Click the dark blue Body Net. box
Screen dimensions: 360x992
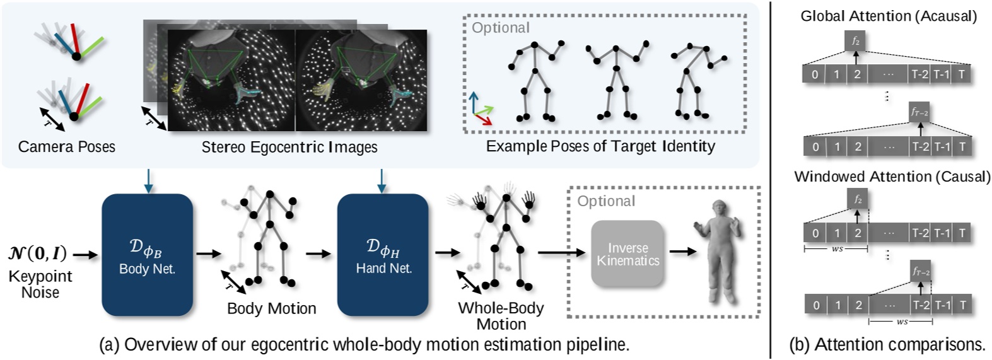click(147, 255)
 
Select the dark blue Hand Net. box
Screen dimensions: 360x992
click(383, 255)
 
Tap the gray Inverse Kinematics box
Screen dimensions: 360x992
click(627, 255)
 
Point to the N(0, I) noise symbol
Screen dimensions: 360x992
click(38, 254)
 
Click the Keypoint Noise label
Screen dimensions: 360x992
click(40, 284)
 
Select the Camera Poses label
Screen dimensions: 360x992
click(67, 147)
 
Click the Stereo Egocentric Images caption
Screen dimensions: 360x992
click(289, 147)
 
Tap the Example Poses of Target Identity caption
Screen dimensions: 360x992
click(600, 146)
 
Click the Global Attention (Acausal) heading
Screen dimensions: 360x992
click(889, 16)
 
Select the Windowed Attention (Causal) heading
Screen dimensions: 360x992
click(892, 177)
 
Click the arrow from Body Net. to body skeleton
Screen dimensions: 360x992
click(208, 254)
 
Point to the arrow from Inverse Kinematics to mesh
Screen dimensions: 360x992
click(682, 252)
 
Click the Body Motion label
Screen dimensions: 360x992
click(271, 308)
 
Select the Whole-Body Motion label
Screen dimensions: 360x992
click(501, 316)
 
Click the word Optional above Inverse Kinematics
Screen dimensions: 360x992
click(606, 201)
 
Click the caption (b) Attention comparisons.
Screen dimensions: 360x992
click(887, 344)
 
